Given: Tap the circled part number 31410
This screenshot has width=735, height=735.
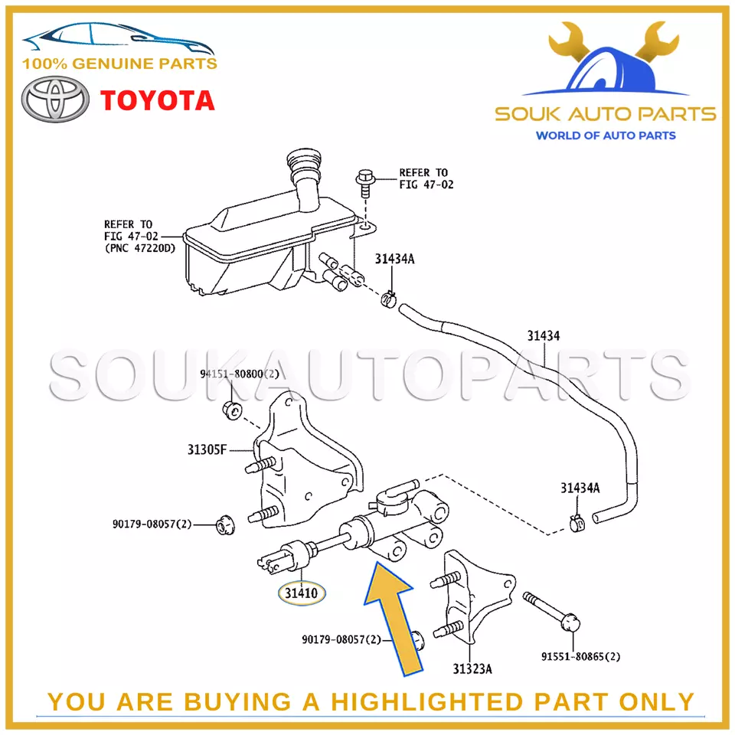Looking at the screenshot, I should [302, 593].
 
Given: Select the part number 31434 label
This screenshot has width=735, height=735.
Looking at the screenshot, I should [543, 335].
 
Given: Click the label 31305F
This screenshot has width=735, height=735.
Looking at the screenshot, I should [207, 449].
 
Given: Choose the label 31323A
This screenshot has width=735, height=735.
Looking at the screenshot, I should [472, 669].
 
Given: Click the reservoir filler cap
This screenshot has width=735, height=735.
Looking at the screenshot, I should [299, 164].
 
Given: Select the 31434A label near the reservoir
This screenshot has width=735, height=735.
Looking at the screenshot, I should [394, 259].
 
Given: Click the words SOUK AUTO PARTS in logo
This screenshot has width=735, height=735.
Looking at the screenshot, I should [605, 115].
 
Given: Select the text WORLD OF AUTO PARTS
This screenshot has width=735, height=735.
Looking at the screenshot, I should [605, 136].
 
